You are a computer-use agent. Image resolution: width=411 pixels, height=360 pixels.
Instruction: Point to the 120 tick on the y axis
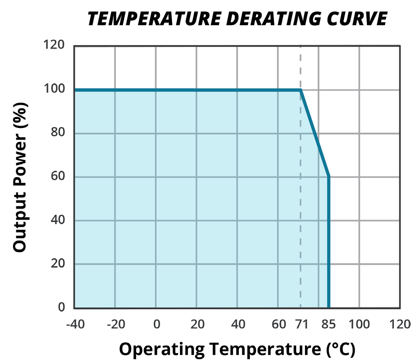pos(54,46)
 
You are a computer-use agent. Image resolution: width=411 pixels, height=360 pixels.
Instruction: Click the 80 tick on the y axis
pos(58,133)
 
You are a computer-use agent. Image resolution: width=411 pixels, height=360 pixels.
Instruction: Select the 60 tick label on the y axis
pos(58,176)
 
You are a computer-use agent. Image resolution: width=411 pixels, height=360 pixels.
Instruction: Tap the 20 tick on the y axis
pos(58,264)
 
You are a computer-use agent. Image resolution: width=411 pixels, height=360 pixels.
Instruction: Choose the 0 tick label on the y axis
pos(62,307)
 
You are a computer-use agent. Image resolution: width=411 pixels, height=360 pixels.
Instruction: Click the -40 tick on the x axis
pos(75,324)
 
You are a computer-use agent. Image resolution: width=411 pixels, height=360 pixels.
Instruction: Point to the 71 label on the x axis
pos(301,324)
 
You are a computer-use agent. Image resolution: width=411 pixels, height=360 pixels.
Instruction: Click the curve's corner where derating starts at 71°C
pos(301,90)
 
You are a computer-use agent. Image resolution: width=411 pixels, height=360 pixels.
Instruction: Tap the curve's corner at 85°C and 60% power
pos(329,176)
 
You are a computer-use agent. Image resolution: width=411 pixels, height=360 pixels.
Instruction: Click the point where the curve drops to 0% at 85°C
pos(329,307)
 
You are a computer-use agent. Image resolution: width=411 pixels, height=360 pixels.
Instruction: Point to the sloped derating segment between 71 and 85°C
pos(315,133)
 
